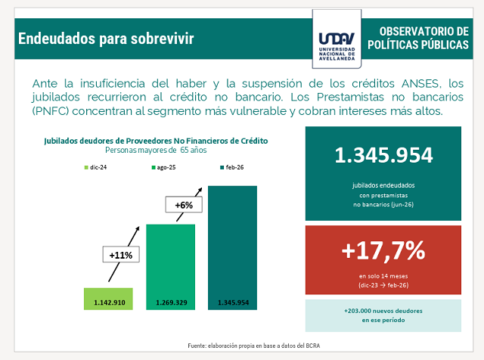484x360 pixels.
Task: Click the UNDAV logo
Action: [337, 39]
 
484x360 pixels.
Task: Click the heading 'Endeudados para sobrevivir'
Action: [106, 39]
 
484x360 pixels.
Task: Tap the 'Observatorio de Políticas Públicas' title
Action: [418, 38]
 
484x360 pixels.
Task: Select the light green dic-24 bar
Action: [108, 299]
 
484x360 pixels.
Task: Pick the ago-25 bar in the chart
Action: [170, 267]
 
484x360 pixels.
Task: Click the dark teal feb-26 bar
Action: [232, 247]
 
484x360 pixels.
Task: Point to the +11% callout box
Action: [121, 254]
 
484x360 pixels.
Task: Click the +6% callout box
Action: [184, 204]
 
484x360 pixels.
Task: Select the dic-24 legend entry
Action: [95, 167]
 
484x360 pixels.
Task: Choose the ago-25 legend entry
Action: [163, 167]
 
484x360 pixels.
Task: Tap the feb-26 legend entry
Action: [232, 167]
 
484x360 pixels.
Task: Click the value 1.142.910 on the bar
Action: [110, 303]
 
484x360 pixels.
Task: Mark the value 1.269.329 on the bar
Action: [172, 303]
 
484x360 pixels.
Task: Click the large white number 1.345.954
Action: [383, 155]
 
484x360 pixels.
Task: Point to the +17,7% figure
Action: [383, 250]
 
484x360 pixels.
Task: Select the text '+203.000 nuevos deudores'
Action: [383, 311]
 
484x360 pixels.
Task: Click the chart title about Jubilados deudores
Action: [156, 141]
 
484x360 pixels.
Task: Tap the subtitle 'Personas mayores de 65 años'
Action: [156, 150]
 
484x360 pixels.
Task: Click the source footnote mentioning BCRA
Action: [254, 346]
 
